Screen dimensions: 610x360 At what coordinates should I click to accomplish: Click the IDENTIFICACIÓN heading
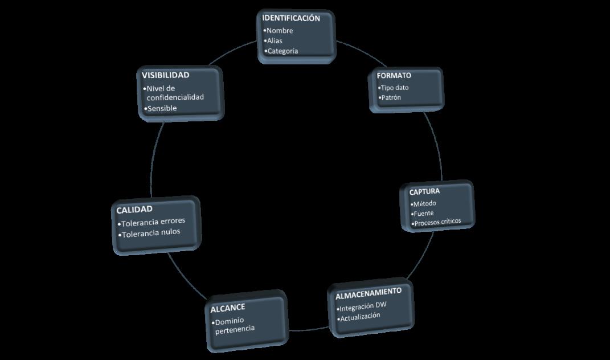pyautogui.click(x=291, y=18)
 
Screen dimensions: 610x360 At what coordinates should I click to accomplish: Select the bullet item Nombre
pyautogui.click(x=279, y=31)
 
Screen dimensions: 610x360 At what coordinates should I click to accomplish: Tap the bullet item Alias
pyautogui.click(x=275, y=41)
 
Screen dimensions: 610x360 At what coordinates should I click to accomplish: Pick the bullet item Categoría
pyautogui.click(x=282, y=51)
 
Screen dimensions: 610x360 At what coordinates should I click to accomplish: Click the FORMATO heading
pyautogui.click(x=394, y=75)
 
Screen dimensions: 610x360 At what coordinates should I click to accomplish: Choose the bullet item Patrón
pyautogui.click(x=391, y=97)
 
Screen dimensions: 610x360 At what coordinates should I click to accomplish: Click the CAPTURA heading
pyautogui.click(x=424, y=191)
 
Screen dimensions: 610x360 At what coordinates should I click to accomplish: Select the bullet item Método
pyautogui.click(x=424, y=203)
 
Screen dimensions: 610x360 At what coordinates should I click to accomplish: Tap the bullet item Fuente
pyautogui.click(x=423, y=213)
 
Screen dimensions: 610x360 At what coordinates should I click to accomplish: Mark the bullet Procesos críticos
pyautogui.click(x=437, y=222)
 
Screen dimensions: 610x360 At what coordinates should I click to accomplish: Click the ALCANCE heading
pyautogui.click(x=228, y=308)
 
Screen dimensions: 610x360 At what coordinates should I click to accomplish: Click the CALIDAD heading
pyautogui.click(x=134, y=210)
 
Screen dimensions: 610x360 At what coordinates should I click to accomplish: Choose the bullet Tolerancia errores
pyautogui.click(x=153, y=221)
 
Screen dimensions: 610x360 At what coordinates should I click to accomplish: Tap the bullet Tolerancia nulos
pyautogui.click(x=150, y=232)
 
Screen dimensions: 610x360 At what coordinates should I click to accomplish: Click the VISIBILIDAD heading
pyautogui.click(x=165, y=75)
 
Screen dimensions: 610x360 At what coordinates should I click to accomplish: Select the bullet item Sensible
pyautogui.click(x=162, y=108)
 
